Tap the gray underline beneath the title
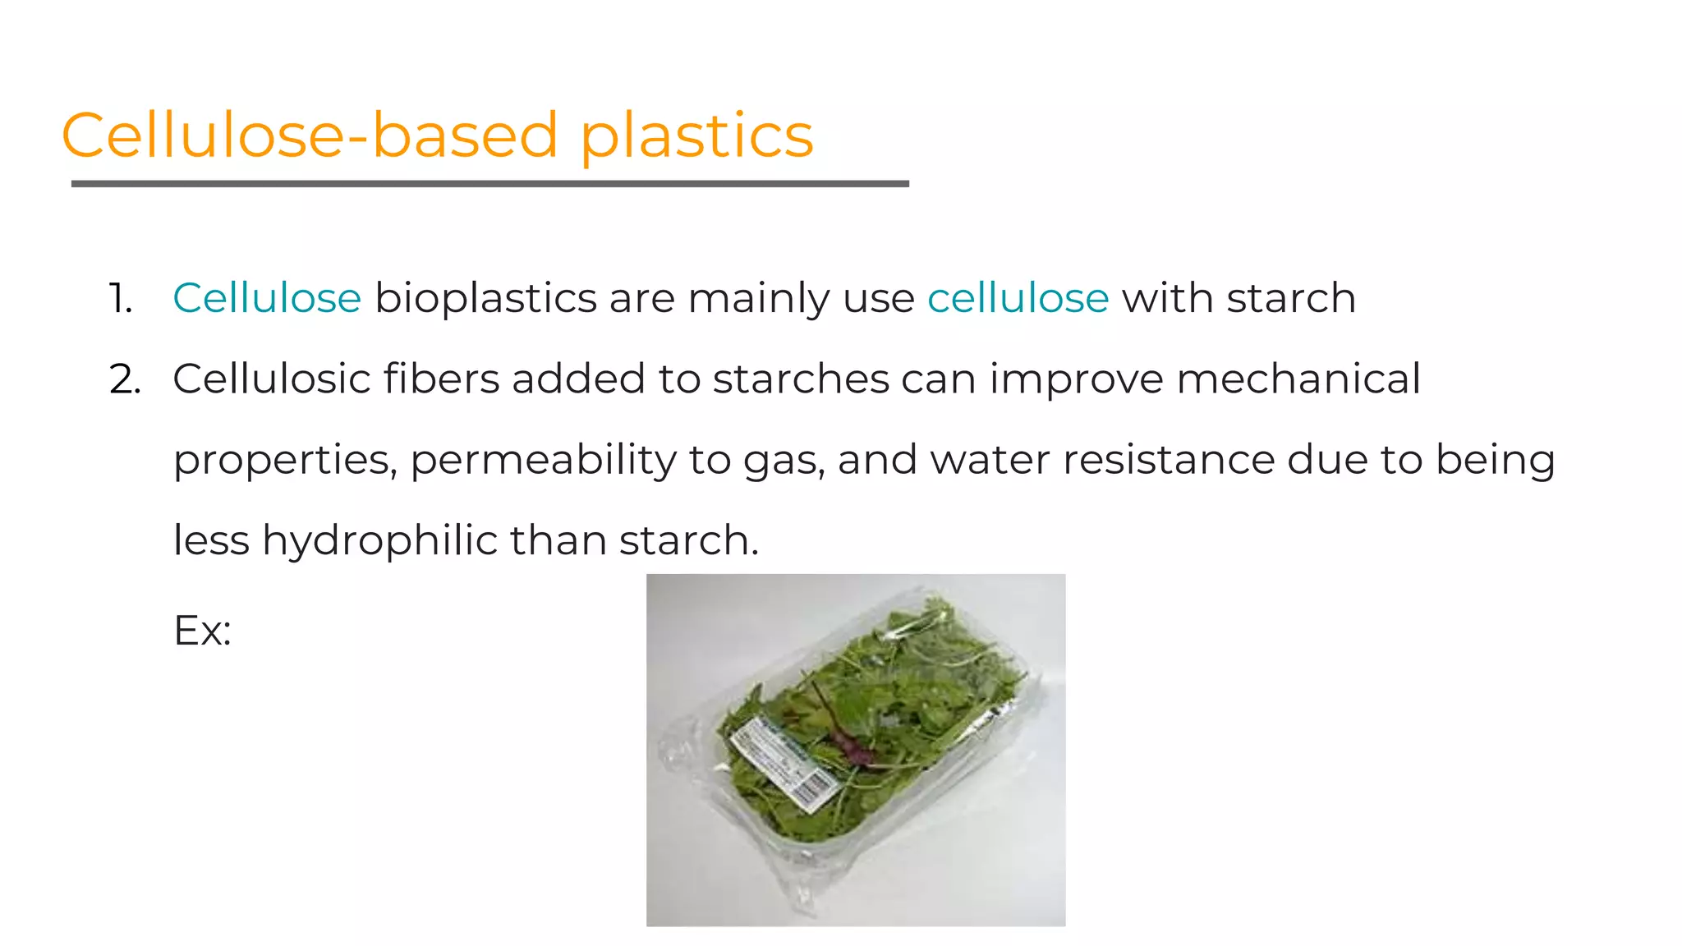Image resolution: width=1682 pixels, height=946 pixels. (x=489, y=184)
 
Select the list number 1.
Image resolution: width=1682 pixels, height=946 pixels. (x=120, y=298)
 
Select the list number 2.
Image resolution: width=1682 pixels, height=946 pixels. (x=124, y=379)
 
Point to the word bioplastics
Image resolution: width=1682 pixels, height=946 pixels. (x=485, y=299)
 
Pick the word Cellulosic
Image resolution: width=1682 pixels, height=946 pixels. (x=271, y=379)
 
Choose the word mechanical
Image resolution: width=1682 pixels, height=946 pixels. (x=1298, y=379)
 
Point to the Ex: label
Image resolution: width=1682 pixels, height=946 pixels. (x=202, y=631)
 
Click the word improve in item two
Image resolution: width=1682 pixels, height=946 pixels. (x=1076, y=379)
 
